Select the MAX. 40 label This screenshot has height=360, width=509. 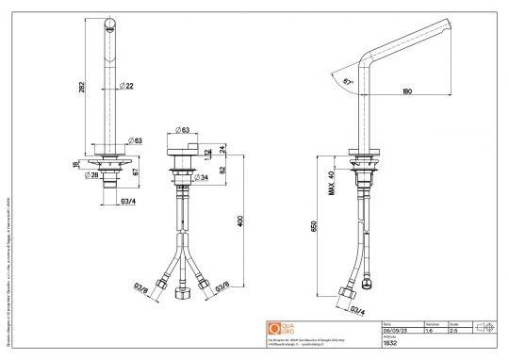[x=331, y=178]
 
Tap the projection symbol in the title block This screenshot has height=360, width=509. [x=484, y=326]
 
